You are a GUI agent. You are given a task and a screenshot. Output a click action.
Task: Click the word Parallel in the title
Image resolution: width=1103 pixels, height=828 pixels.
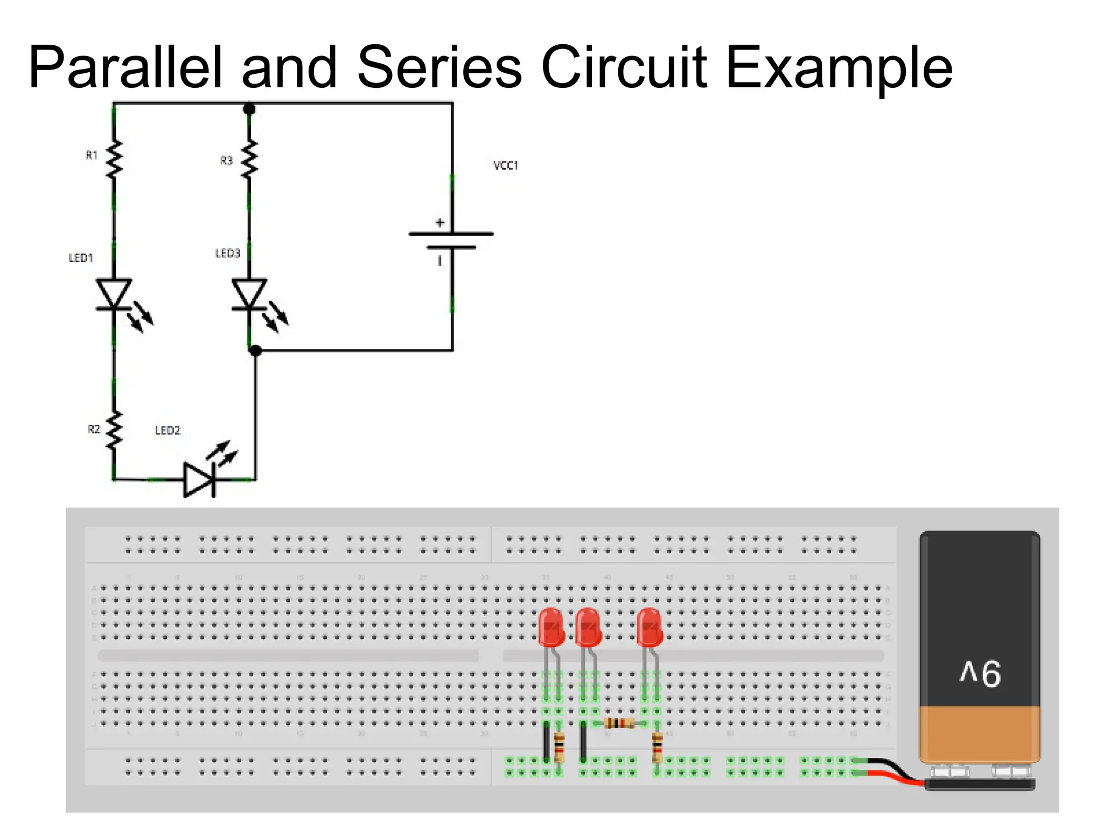[x=125, y=68]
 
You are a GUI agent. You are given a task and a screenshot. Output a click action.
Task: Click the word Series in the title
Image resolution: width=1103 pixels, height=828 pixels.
[x=438, y=68]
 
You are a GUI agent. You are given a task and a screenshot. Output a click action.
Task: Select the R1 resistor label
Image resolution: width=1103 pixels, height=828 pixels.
[x=92, y=155]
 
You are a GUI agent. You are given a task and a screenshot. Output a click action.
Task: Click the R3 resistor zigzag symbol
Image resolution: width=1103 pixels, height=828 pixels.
[x=249, y=160]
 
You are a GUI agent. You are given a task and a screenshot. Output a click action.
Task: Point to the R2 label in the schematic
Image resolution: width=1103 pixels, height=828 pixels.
[x=94, y=429]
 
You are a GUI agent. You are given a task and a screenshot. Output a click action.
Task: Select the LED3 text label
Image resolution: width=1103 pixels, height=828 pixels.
[x=227, y=253]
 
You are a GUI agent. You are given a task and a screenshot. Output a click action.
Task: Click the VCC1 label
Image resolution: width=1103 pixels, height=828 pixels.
[x=505, y=165]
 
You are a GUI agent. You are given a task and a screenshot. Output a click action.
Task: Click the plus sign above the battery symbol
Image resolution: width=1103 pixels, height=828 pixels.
[x=440, y=223]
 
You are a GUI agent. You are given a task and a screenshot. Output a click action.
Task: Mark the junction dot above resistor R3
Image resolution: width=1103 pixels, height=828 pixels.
[x=249, y=109]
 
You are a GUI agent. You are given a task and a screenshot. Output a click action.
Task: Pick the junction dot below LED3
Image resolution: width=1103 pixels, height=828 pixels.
[x=255, y=350]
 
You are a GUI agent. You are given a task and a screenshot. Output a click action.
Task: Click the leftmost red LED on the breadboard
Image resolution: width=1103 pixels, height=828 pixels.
[x=551, y=627]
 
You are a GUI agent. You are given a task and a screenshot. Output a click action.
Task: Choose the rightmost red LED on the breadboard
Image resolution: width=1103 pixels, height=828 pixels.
[x=650, y=627]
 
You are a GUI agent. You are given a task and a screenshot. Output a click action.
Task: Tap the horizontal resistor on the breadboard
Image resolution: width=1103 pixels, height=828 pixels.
[x=619, y=723]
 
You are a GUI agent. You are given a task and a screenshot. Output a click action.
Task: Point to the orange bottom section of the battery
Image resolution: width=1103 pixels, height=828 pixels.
[x=980, y=733]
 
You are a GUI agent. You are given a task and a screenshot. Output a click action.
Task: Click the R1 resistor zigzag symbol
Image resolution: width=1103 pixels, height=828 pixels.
[x=114, y=160]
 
